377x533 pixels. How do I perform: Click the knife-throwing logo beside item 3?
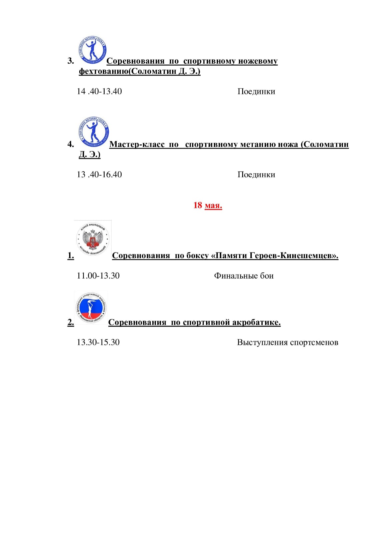click(92, 50)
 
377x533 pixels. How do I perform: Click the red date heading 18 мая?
click(208, 205)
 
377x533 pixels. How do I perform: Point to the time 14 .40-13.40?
click(99, 91)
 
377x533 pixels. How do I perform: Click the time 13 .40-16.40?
click(99, 175)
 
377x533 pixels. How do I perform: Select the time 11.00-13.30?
click(98, 276)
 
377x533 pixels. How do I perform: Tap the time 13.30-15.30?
click(98, 342)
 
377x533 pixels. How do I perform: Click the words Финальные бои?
click(244, 276)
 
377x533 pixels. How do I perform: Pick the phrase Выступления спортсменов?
click(287, 342)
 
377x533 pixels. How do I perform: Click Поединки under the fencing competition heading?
click(256, 92)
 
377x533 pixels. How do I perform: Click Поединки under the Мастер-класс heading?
click(256, 175)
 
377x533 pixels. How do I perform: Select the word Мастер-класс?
click(137, 144)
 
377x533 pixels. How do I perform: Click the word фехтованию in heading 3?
click(104, 71)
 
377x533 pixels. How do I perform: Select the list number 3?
click(71, 61)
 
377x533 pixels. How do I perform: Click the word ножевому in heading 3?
click(258, 61)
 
